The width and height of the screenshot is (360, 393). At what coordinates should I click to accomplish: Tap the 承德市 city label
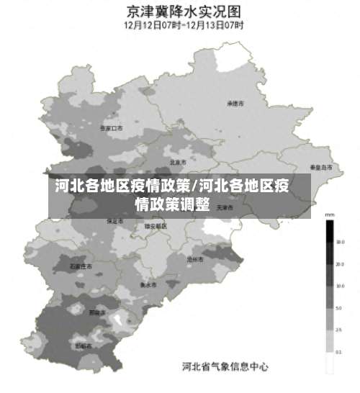235,104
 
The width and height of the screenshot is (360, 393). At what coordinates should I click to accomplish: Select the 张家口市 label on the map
111,128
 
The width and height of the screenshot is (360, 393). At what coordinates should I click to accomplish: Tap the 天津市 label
225,208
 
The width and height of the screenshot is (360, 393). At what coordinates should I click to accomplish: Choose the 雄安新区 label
156,226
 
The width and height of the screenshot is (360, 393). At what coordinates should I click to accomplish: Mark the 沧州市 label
194,258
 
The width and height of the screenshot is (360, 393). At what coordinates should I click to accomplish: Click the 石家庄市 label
81,266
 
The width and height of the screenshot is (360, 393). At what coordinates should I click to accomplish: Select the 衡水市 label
148,284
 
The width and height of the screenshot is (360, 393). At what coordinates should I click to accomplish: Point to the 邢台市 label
96,313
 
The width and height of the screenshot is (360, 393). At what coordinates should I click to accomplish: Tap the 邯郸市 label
84,346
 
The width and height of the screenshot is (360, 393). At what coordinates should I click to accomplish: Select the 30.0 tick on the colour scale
338,243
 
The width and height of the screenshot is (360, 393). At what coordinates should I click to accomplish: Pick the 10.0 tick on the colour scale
338,286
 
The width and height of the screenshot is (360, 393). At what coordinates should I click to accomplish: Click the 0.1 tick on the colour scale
338,352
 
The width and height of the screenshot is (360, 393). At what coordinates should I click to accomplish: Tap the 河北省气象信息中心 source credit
225,367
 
